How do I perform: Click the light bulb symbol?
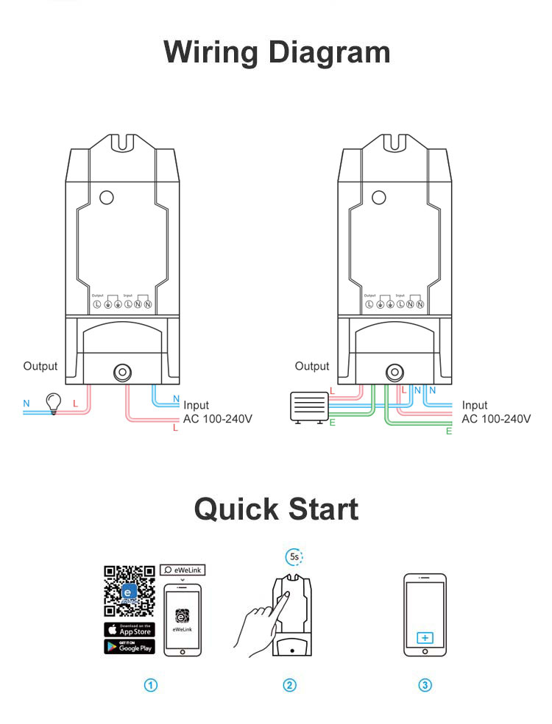pos(53,401)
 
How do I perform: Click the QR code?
pos(130,590)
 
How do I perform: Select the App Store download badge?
pos(130,630)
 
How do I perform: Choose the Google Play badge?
pos(130,647)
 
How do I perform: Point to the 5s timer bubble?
pos(294,556)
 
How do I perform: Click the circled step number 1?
pos(151,685)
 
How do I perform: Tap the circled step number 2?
pos(289,685)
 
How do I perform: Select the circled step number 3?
pos(425,685)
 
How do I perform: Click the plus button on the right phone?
pos(425,637)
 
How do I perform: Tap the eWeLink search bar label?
pos(182,569)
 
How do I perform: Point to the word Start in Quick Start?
pos(318,509)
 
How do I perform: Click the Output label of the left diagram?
pos(40,366)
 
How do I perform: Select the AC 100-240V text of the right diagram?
pos(495,418)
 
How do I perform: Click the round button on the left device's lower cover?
pos(120,372)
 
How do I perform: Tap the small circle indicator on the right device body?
pos(379,197)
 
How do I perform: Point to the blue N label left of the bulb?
pos(26,404)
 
